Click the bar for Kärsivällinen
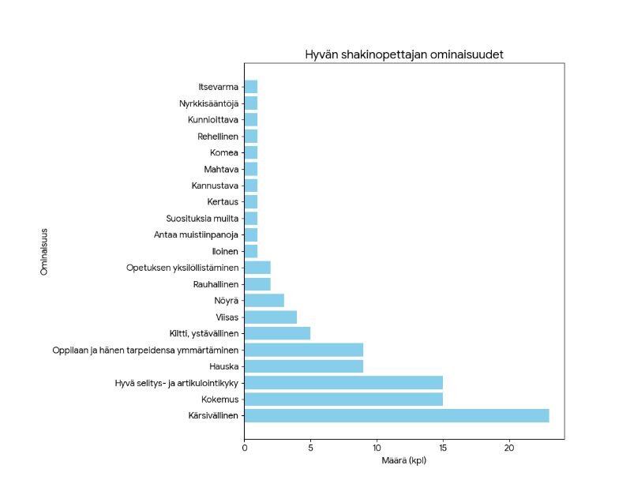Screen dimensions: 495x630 click(x=396, y=415)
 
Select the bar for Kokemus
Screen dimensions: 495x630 click(x=343, y=399)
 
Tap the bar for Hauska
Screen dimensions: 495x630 click(x=304, y=366)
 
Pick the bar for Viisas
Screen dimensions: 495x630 click(x=271, y=317)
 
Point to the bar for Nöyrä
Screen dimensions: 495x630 click(x=264, y=300)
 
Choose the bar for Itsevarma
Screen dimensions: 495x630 click(x=251, y=87)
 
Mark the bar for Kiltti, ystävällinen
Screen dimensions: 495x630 click(x=277, y=333)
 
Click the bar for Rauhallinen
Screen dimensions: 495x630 click(x=257, y=284)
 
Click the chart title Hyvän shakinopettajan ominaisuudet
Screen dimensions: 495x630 click(x=404, y=55)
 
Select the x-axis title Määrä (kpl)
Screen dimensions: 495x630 click(x=403, y=460)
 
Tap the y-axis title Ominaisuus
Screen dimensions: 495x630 click(x=45, y=251)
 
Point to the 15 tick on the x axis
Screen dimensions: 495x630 click(x=443, y=448)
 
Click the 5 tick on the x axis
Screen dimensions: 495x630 click(x=310, y=448)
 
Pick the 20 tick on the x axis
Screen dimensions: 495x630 click(x=509, y=448)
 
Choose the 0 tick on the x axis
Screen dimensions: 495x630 click(x=245, y=448)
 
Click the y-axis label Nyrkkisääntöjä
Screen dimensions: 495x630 click(x=208, y=103)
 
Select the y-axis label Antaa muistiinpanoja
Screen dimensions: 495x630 click(x=195, y=234)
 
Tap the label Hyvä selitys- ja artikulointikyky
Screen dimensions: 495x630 click(x=177, y=383)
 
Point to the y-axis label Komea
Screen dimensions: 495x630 click(x=223, y=152)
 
